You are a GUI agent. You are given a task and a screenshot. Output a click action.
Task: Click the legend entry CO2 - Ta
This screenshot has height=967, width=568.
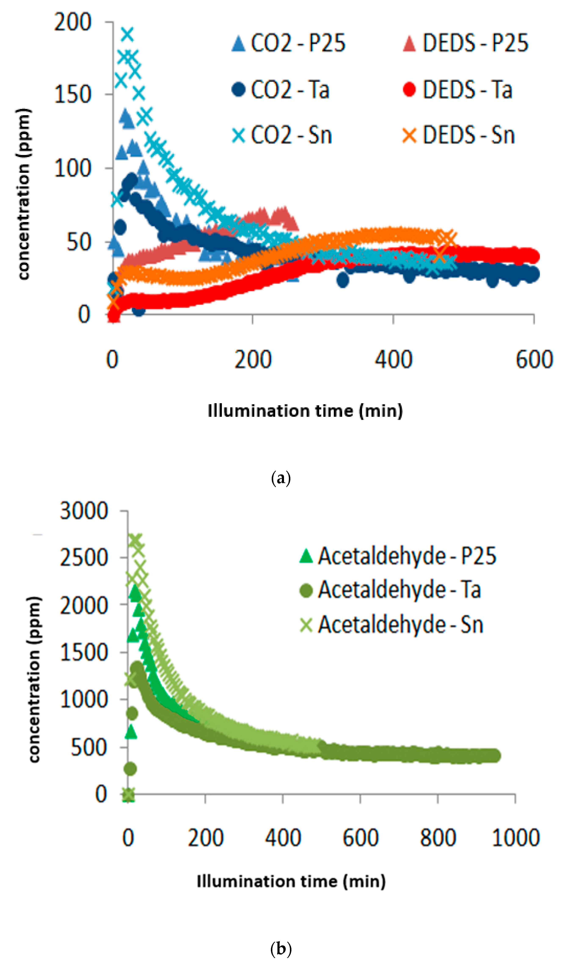click(281, 90)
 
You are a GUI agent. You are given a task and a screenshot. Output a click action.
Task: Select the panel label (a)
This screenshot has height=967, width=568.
click(281, 478)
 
